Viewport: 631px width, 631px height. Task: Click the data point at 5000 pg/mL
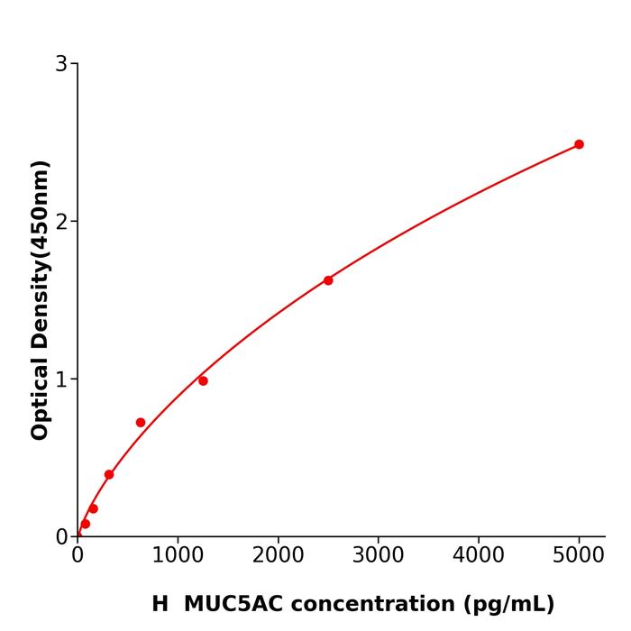tap(579, 144)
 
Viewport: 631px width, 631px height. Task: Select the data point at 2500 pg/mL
tap(328, 280)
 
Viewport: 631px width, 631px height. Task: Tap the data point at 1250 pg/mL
tap(203, 380)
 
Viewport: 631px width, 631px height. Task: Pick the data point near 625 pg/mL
tap(141, 422)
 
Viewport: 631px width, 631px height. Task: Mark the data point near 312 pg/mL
tap(109, 474)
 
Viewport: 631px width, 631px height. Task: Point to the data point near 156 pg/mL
tap(93, 508)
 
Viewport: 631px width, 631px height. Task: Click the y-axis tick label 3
tap(61, 64)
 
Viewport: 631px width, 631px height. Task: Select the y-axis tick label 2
tap(61, 222)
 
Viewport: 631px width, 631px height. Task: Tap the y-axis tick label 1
tap(61, 380)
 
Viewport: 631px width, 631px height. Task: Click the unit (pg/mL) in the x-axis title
tap(509, 605)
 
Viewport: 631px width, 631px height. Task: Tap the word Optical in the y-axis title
tap(40, 398)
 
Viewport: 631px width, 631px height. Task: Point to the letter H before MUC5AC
tap(160, 604)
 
